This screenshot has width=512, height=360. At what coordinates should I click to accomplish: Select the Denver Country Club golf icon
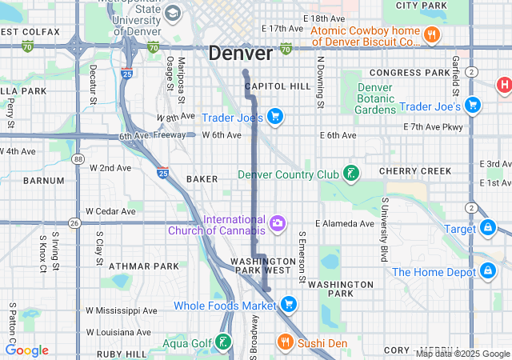tap(350, 174)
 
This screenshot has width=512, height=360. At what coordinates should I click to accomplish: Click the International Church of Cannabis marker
tap(277, 223)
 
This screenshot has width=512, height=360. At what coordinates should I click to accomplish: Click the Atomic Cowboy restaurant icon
tap(432, 34)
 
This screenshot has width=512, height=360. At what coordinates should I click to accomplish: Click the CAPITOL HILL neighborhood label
tap(278, 86)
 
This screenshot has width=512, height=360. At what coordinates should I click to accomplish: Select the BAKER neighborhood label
tap(202, 179)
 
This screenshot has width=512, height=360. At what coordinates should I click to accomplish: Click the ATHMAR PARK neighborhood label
tap(133, 266)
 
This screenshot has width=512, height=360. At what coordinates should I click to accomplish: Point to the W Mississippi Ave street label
tap(121, 310)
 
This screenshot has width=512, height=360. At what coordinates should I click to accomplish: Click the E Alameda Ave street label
tap(345, 223)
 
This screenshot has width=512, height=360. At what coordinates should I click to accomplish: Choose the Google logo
tap(26, 350)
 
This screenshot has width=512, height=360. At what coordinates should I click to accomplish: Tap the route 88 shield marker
tap(78, 159)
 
